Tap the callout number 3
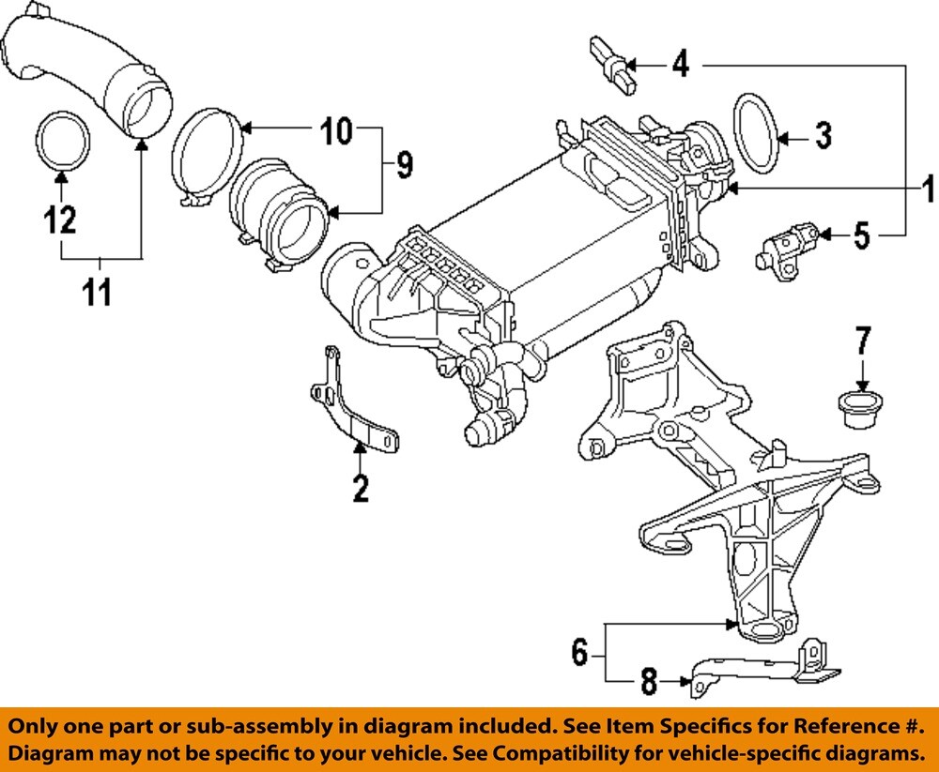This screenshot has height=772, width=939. pyautogui.click(x=822, y=137)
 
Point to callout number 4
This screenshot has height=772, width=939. pyautogui.click(x=679, y=65)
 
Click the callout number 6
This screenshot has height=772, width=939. pyautogui.click(x=579, y=650)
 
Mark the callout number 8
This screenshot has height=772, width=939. pyautogui.click(x=648, y=682)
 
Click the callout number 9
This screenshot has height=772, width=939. pyautogui.click(x=403, y=166)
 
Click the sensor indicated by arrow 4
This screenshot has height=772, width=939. pyautogui.click(x=612, y=66)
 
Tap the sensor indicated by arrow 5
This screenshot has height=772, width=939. pyautogui.click(x=787, y=245)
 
